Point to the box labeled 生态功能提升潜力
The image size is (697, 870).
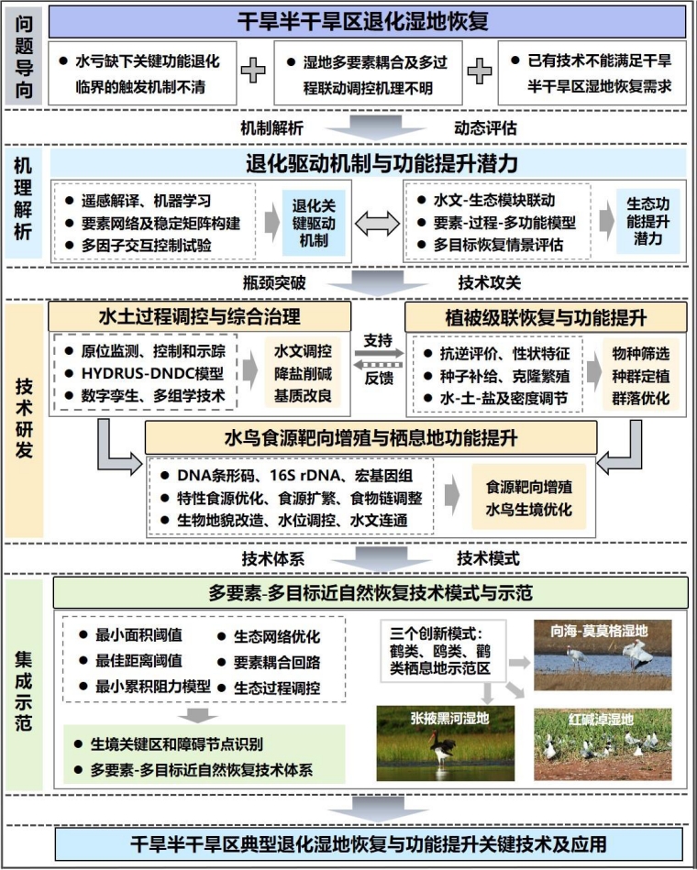[x=648, y=221]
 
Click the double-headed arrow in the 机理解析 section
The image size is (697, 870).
[x=375, y=223]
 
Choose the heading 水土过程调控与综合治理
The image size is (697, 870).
[x=199, y=318]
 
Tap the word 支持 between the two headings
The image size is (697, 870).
[x=378, y=336]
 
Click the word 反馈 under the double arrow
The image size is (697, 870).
[x=378, y=377]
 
